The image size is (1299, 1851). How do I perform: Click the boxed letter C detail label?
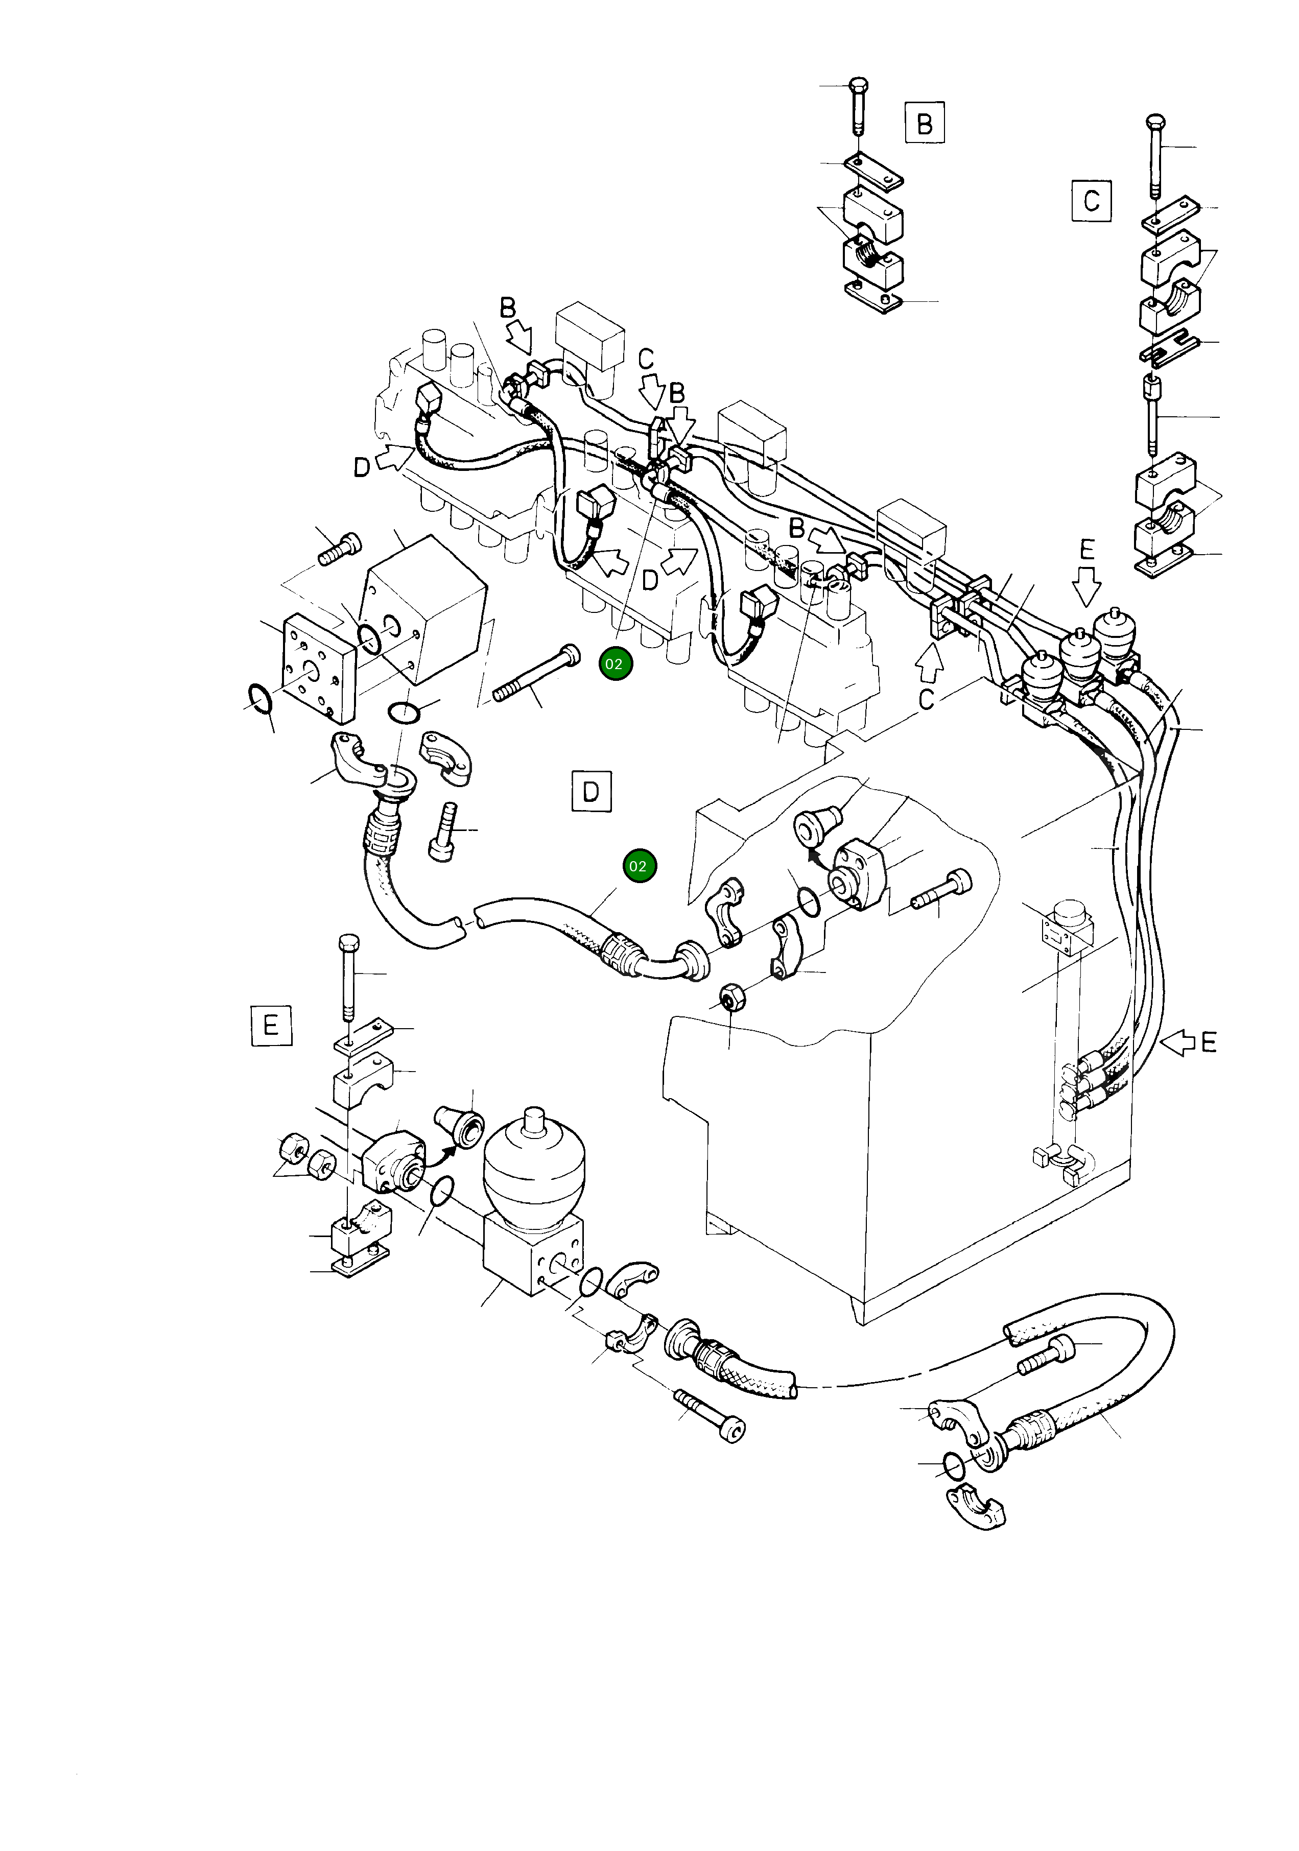[x=1091, y=200]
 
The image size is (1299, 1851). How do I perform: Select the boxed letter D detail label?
[x=591, y=792]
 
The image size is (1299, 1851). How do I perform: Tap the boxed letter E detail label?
[x=271, y=1026]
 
